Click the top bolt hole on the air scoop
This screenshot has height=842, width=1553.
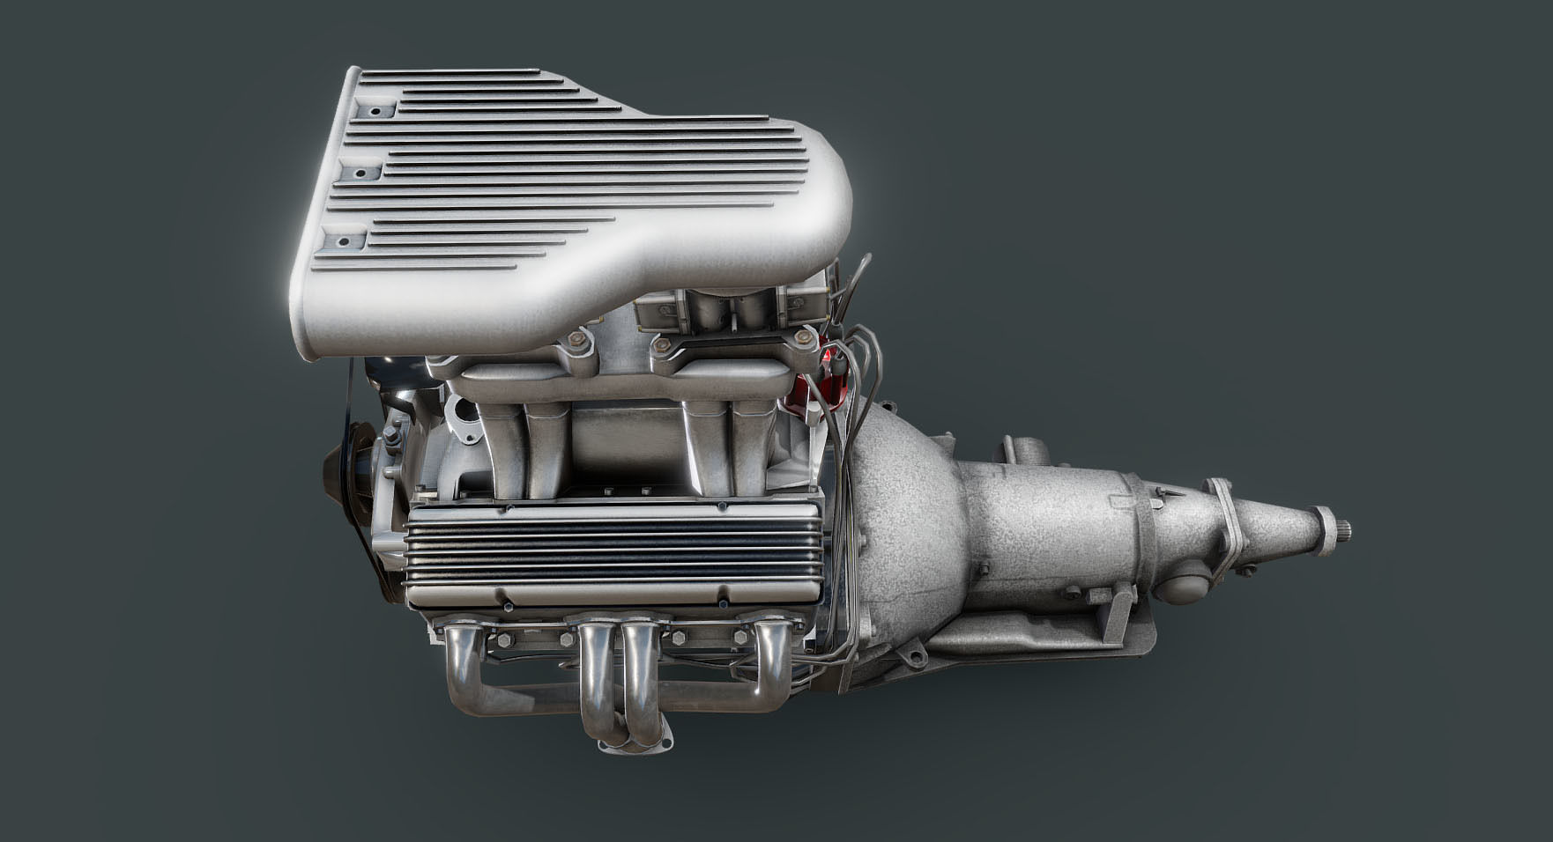(x=375, y=112)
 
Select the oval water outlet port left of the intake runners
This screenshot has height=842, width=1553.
(x=461, y=414)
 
